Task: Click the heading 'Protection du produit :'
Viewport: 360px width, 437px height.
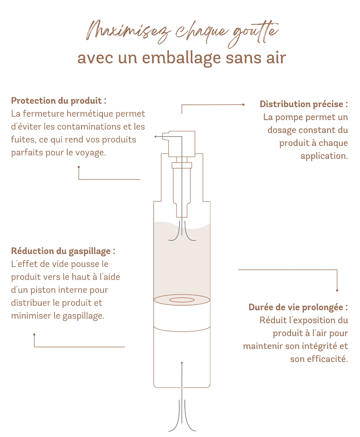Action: (x=58, y=101)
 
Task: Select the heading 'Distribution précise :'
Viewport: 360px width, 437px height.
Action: (x=304, y=104)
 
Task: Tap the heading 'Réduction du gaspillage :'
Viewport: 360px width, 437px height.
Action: (x=63, y=251)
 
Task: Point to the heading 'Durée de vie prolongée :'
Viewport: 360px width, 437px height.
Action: (x=298, y=307)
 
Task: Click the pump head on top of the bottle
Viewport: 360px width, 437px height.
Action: (x=181, y=143)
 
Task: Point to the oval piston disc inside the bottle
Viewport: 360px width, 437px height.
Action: (x=181, y=300)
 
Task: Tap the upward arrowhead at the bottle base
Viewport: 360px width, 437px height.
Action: (x=182, y=362)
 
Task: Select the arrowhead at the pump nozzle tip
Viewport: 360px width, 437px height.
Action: (x=155, y=136)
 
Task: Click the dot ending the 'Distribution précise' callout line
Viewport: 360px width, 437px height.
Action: (x=243, y=105)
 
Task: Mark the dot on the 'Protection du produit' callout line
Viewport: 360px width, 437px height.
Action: (x=79, y=167)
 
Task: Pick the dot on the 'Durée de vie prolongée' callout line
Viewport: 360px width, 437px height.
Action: (x=337, y=290)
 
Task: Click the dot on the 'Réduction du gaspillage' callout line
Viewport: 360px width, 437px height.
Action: (x=34, y=335)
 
